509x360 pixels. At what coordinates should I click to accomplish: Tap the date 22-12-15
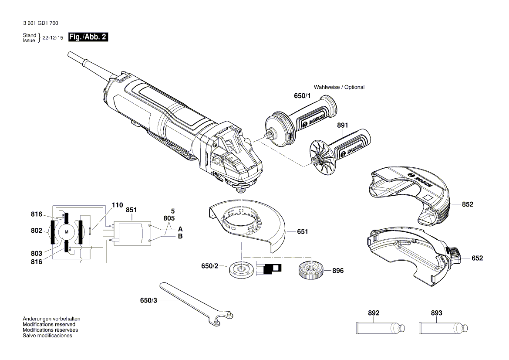tap(53, 37)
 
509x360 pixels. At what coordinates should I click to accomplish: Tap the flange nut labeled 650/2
tap(241, 270)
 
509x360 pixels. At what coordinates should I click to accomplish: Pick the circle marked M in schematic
tap(67, 232)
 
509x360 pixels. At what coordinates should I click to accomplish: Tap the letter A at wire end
tap(180, 229)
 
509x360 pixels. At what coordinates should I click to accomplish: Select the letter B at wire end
tap(180, 236)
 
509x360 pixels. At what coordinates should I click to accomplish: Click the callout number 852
tap(467, 204)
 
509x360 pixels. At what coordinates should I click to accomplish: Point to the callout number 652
tap(477, 258)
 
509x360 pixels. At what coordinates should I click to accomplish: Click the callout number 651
tap(302, 232)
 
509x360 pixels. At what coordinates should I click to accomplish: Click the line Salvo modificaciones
tap(47, 336)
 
